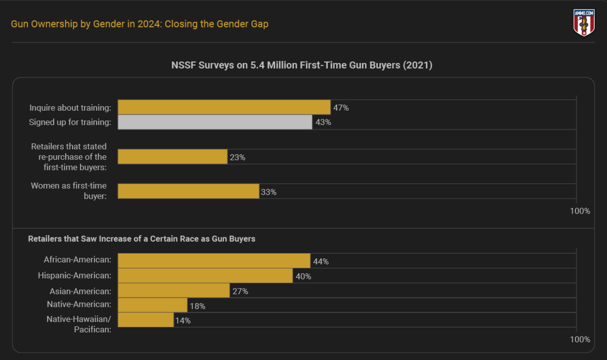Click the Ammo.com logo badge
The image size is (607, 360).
tap(584, 22)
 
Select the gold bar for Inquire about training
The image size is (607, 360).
tap(224, 107)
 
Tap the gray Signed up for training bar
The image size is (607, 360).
tap(215, 122)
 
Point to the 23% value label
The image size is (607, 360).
tap(237, 157)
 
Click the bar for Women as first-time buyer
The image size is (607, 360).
tap(188, 191)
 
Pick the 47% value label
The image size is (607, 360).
tap(341, 108)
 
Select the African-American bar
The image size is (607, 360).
tap(214, 261)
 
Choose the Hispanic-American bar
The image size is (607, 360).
tap(205, 276)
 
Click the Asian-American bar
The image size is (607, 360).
tap(174, 291)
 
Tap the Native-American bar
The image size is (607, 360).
tap(152, 305)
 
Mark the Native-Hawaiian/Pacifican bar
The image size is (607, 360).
tap(146, 320)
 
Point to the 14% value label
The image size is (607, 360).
tap(183, 321)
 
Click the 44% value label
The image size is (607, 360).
tap(320, 262)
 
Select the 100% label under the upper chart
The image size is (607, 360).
tap(579, 211)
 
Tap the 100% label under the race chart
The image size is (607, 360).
tap(579, 339)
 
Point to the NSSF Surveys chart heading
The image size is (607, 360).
tap(302, 65)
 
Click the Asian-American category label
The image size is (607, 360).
tap(80, 291)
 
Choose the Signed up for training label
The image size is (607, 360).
tap(70, 122)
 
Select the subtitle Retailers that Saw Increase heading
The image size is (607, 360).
tap(141, 239)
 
